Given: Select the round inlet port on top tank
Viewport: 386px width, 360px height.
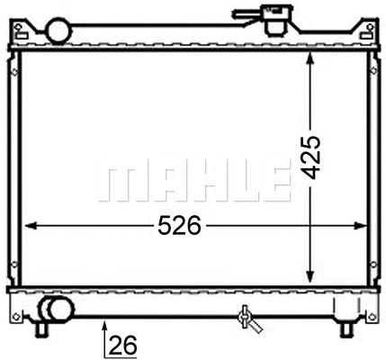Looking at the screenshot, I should click(x=60, y=31).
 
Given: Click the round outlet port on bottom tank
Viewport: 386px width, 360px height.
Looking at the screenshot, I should click(x=59, y=311).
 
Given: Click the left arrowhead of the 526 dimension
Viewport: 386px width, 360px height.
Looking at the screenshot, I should click(x=27, y=226).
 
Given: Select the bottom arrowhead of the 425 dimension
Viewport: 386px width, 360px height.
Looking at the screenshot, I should click(x=310, y=274).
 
